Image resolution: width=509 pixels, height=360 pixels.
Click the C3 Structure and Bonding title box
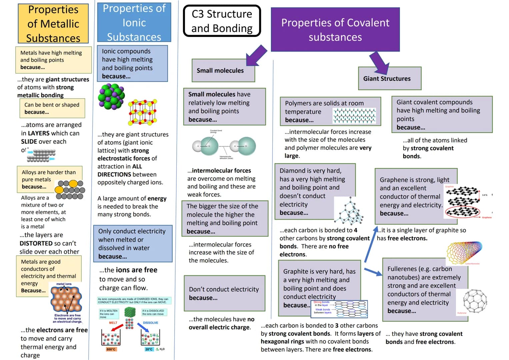[x=222, y=21]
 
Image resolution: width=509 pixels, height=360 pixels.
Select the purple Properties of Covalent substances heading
[x=335, y=29]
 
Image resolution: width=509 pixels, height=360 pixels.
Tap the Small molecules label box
[x=223, y=70]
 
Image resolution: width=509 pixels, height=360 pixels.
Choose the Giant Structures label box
[x=389, y=79]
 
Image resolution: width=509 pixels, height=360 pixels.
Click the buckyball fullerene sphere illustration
[x=475, y=301]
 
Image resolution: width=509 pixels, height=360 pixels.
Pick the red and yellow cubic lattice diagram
[x=143, y=112]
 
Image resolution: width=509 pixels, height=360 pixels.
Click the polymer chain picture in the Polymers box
[x=354, y=116]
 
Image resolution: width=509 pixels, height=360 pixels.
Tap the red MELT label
[x=113, y=323]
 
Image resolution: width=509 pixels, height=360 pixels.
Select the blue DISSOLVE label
[x=151, y=323]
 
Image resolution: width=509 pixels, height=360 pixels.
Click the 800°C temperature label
[x=111, y=349]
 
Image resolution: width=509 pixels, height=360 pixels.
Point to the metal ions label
[x=64, y=284]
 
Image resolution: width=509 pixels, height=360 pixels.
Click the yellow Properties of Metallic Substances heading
[x=53, y=24]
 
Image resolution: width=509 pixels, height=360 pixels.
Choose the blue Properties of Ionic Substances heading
[x=134, y=22]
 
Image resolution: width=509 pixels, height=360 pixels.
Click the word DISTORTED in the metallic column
[x=36, y=243]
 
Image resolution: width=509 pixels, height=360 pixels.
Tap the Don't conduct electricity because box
[x=224, y=293]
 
